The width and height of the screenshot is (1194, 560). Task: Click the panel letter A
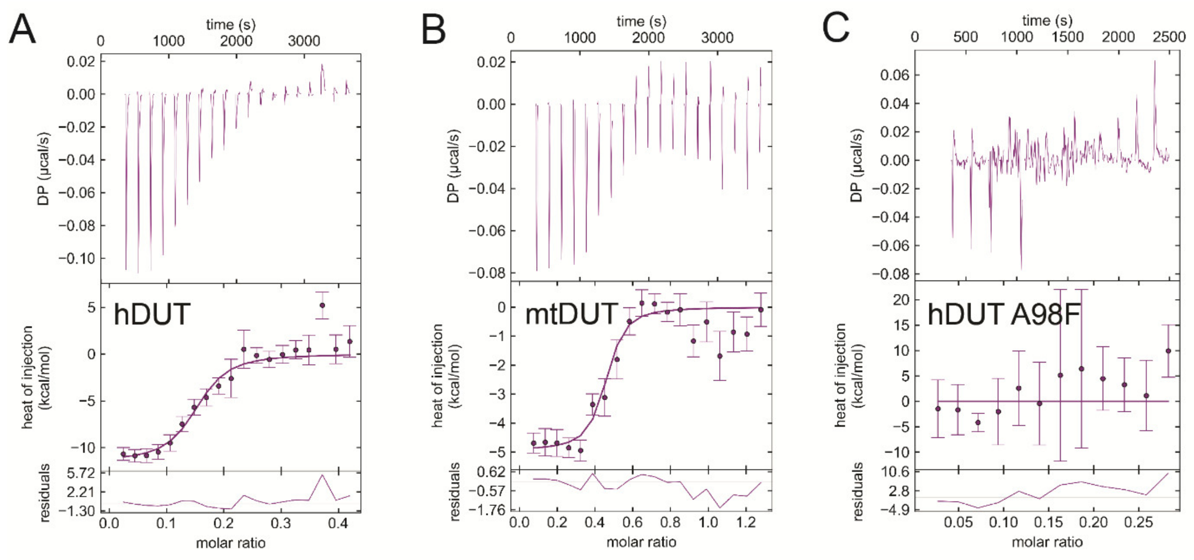(x=22, y=29)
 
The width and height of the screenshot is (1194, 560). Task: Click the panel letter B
(x=434, y=29)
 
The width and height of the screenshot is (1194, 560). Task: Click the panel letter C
(x=836, y=28)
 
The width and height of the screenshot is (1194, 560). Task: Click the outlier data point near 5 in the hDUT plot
(x=322, y=305)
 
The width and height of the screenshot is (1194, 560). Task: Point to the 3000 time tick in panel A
(x=304, y=41)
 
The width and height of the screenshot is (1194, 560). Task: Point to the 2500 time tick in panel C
(x=1169, y=37)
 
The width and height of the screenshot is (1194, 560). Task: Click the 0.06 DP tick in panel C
(x=894, y=75)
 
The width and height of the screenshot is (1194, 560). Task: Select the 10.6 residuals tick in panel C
(x=894, y=473)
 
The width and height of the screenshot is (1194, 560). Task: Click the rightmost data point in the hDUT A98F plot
(x=1168, y=351)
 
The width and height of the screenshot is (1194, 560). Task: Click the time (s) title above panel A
(x=230, y=24)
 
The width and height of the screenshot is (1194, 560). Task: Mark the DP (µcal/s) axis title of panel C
(x=856, y=166)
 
